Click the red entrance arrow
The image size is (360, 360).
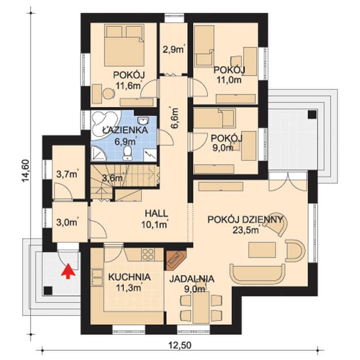click(x=68, y=271)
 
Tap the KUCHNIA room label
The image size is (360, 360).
click(x=130, y=277)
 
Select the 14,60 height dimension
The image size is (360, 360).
click(x=26, y=171)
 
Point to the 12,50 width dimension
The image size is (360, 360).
click(x=180, y=345)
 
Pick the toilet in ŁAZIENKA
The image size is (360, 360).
click(x=127, y=153)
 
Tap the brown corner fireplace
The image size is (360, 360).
click(x=176, y=259)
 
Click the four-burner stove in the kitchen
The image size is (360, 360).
click(x=148, y=254)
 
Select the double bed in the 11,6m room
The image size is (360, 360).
click(x=124, y=45)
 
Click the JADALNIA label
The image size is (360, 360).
click(x=192, y=279)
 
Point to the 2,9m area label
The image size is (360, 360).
click(x=174, y=49)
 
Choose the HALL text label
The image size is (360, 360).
click(x=156, y=213)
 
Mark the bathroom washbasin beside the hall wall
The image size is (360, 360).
click(x=143, y=120)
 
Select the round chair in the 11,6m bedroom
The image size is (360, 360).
click(x=107, y=94)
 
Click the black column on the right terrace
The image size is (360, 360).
click(x=312, y=114)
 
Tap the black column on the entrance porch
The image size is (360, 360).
click(x=48, y=291)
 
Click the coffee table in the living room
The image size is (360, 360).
click(x=262, y=250)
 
